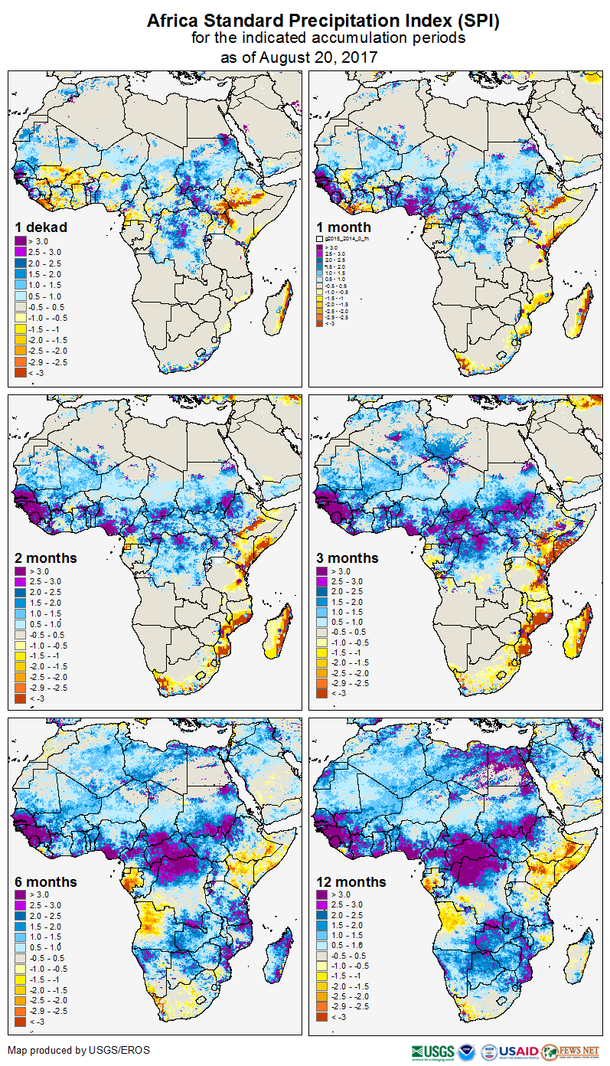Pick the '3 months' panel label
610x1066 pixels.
pyautogui.click(x=347, y=558)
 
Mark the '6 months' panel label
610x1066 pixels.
pyautogui.click(x=46, y=881)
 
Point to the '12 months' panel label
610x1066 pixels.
pyautogui.click(x=351, y=881)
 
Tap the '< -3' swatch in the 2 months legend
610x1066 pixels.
pyautogui.click(x=21, y=698)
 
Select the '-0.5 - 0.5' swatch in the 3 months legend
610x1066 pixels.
pyautogui.click(x=322, y=632)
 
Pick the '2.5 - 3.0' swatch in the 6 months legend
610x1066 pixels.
pyautogui.click(x=21, y=905)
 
